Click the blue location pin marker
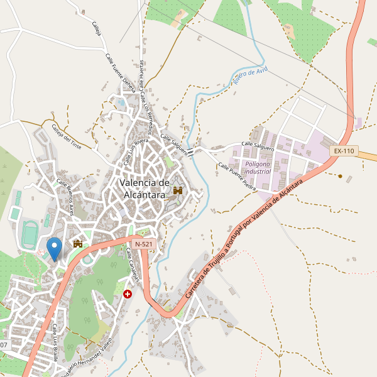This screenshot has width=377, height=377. (x=55, y=249)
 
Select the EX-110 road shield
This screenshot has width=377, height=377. (x=344, y=151)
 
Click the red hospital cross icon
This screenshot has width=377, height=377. (x=128, y=293)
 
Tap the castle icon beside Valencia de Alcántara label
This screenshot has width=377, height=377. (x=178, y=190)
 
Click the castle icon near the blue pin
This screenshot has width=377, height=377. (x=79, y=243)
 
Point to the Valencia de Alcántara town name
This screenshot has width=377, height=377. (x=145, y=188)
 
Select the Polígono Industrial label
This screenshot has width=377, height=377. (x=258, y=167)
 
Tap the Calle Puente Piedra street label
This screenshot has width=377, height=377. (x=237, y=177)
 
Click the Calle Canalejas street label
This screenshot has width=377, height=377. (x=134, y=265)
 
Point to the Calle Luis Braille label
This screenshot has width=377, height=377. (x=55, y=342)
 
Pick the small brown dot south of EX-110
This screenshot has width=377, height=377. (x=341, y=177)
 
